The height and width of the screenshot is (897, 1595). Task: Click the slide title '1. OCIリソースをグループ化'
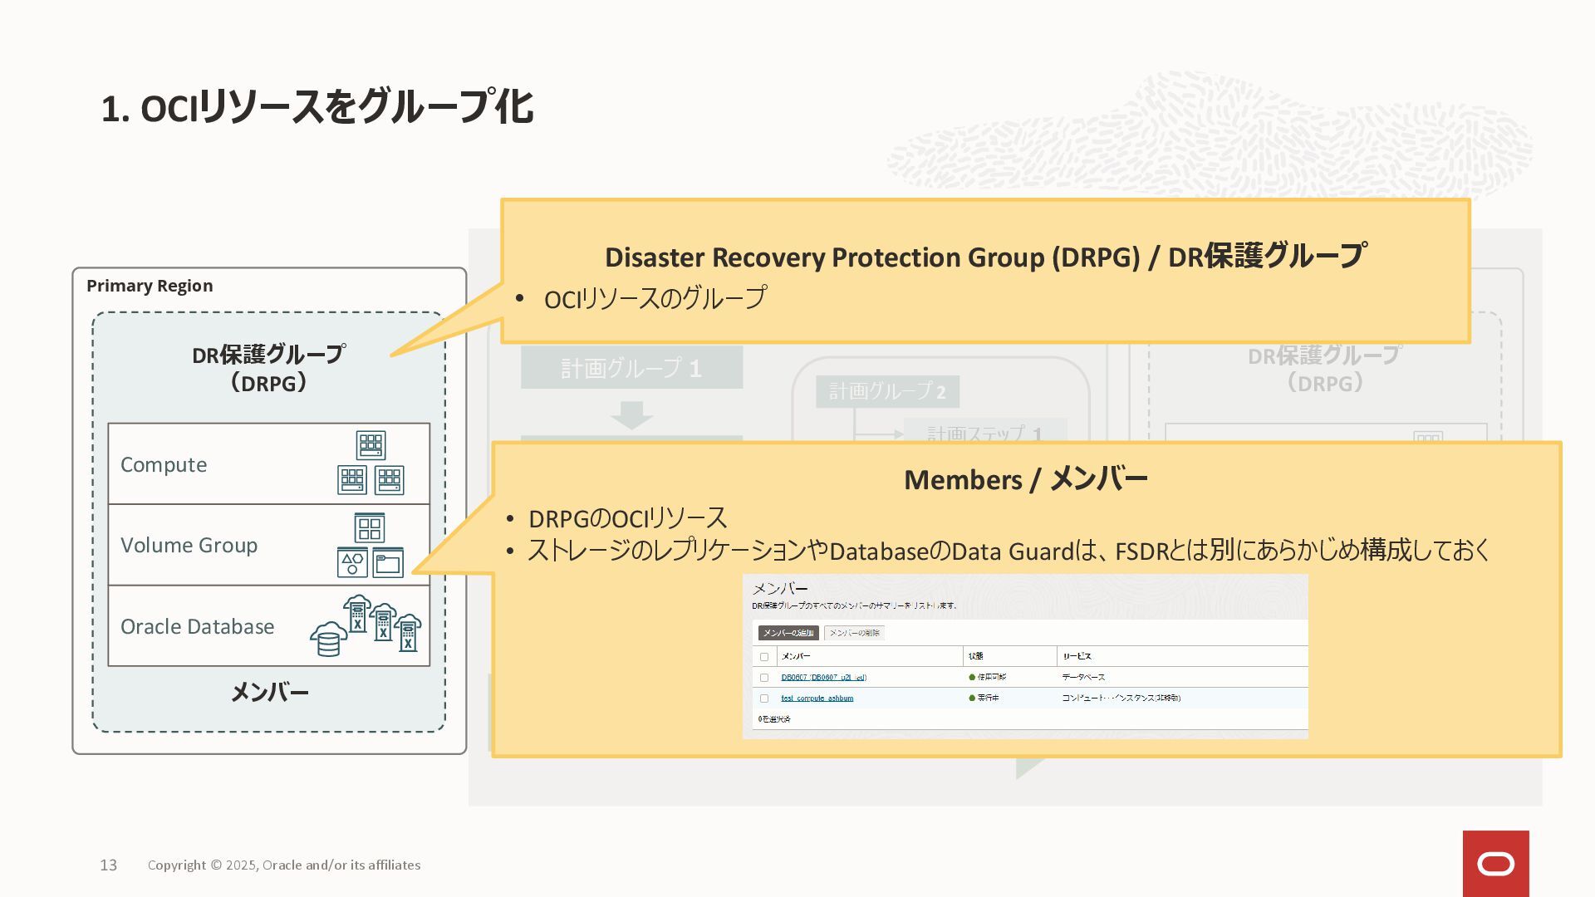[317, 108]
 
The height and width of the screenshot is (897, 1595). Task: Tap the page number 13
[109, 865]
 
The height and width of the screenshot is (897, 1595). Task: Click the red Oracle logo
[1495, 864]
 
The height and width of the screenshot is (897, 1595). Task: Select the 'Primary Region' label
[150, 286]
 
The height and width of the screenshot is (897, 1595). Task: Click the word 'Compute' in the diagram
[164, 464]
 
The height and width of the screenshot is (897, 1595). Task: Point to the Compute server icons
[371, 463]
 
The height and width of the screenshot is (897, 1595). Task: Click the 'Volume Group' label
[189, 545]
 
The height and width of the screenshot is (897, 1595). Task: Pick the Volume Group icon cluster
[370, 545]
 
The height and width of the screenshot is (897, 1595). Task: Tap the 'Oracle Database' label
[197, 626]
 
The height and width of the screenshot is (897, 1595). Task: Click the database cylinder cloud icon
[328, 639]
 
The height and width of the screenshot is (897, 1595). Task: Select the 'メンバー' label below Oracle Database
[269, 692]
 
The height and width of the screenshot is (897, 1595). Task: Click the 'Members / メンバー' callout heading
[1025, 479]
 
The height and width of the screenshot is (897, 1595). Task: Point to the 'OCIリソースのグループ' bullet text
[655, 298]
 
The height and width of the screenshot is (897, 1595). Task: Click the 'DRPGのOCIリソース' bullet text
[627, 518]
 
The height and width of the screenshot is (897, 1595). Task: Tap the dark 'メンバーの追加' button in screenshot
[788, 633]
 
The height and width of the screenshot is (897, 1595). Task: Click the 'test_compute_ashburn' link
[817, 698]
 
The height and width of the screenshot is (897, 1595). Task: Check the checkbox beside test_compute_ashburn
[764, 698]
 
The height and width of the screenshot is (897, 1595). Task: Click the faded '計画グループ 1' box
[631, 368]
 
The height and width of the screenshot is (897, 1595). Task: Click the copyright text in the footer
[284, 865]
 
